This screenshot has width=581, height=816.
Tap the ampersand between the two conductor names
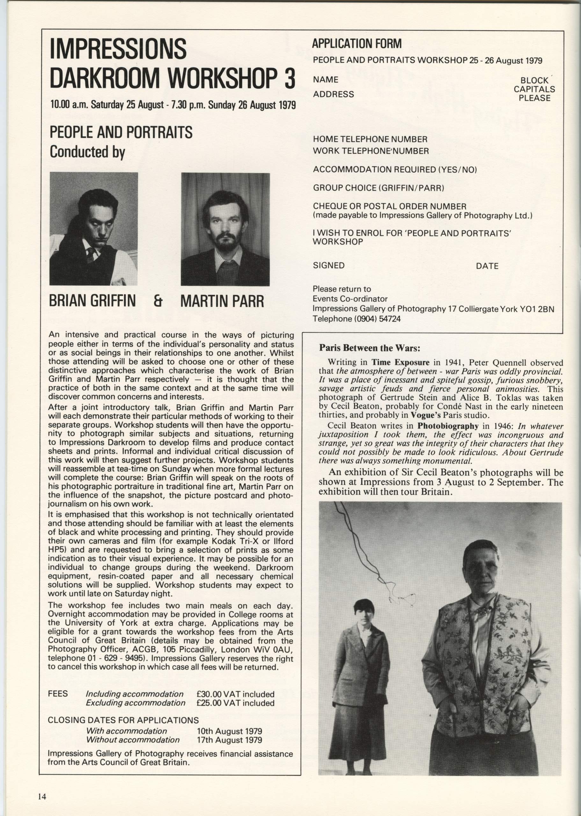pyautogui.click(x=157, y=301)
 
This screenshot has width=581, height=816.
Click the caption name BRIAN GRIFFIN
pyautogui.click(x=92, y=301)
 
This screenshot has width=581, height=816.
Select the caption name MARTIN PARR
pyautogui.click(x=222, y=302)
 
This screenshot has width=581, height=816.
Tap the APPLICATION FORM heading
pyautogui.click(x=357, y=44)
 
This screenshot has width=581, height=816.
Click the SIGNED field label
pyautogui.click(x=328, y=266)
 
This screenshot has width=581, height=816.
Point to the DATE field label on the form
pyautogui.click(x=487, y=266)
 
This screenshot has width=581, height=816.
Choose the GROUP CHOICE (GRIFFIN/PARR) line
pyautogui.click(x=379, y=188)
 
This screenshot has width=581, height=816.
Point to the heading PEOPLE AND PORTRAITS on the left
pyautogui.click(x=121, y=132)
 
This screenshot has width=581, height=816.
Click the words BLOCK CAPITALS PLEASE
pyautogui.click(x=534, y=89)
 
